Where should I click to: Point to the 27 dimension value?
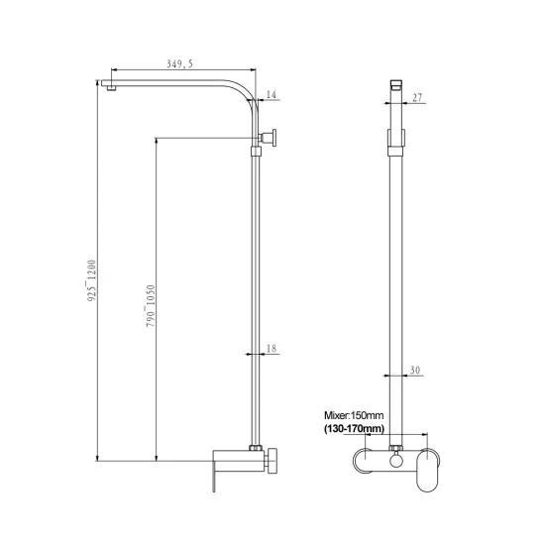(416, 97)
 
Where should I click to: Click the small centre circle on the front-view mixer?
(394, 460)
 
